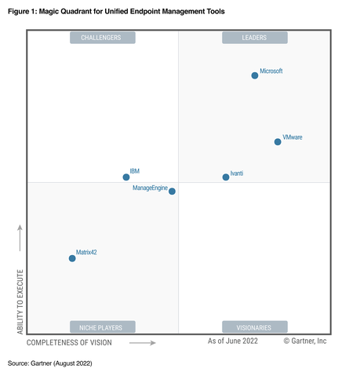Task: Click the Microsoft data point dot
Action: (254, 75)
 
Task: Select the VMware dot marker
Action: (278, 142)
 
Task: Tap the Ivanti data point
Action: (226, 177)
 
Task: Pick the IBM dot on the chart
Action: (126, 177)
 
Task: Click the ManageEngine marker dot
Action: (172, 191)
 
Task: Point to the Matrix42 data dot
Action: (72, 257)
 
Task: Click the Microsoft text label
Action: (271, 71)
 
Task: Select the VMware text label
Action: (292, 137)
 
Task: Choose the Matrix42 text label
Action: (86, 253)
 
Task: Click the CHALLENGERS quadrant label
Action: (102, 38)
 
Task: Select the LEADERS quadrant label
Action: (254, 38)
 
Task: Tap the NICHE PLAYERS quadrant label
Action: (102, 327)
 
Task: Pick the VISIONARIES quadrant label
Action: (254, 327)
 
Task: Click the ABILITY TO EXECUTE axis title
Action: (20, 302)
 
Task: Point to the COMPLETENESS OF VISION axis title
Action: (69, 342)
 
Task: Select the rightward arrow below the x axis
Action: (142, 342)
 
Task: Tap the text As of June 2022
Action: (232, 341)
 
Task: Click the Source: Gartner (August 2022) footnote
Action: (49, 364)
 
